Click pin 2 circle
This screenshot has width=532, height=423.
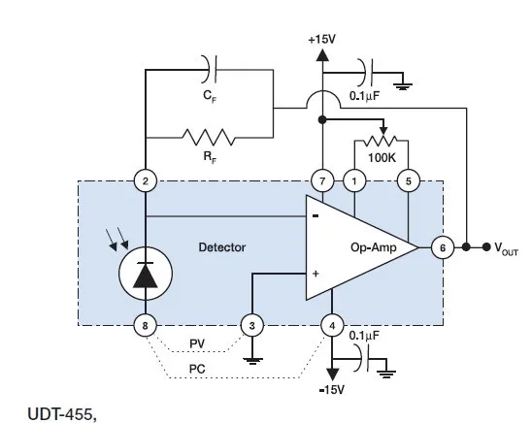pyautogui.click(x=146, y=181)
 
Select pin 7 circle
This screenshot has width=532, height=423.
pyautogui.click(x=322, y=181)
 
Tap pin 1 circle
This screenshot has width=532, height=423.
pyautogui.click(x=354, y=181)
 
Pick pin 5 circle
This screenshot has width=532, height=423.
pyautogui.click(x=408, y=181)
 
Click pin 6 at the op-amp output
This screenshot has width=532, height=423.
pyautogui.click(x=443, y=247)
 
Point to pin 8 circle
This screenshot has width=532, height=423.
pyautogui.click(x=146, y=325)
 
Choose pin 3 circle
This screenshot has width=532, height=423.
pyautogui.click(x=251, y=325)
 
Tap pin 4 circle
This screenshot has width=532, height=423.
pyautogui.click(x=332, y=325)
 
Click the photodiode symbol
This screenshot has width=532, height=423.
pyautogui.click(x=146, y=274)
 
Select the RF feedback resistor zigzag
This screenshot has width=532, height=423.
pyautogui.click(x=209, y=137)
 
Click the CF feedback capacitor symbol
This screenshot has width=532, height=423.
pyautogui.click(x=210, y=69)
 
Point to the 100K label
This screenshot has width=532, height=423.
pyautogui.click(x=382, y=157)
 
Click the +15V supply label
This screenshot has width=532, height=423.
pyautogui.click(x=321, y=40)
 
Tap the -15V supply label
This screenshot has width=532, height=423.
pyautogui.click(x=332, y=390)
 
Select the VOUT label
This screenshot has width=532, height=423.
pyautogui.click(x=506, y=248)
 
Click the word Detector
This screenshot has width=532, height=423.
pyautogui.click(x=222, y=247)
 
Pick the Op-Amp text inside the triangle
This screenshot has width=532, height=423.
pyautogui.click(x=373, y=247)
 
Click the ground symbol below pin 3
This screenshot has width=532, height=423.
pyautogui.click(x=252, y=360)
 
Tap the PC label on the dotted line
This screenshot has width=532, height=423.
pyautogui.click(x=197, y=369)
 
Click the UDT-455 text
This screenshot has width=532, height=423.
pyautogui.click(x=62, y=414)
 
